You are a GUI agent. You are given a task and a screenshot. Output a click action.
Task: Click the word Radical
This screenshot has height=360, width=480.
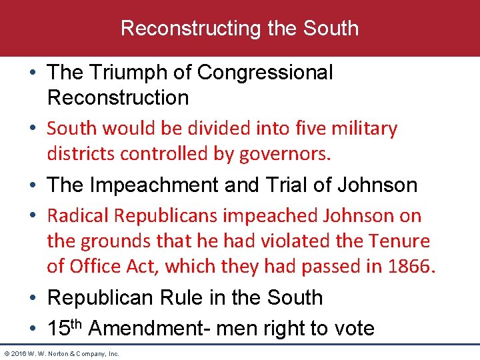click(78, 215)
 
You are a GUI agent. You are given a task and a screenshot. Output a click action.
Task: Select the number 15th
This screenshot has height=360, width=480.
click(65, 327)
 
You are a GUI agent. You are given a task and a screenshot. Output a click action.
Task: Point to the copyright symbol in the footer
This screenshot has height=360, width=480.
click(7, 353)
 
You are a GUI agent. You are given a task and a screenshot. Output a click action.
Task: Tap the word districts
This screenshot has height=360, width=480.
click(81, 153)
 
